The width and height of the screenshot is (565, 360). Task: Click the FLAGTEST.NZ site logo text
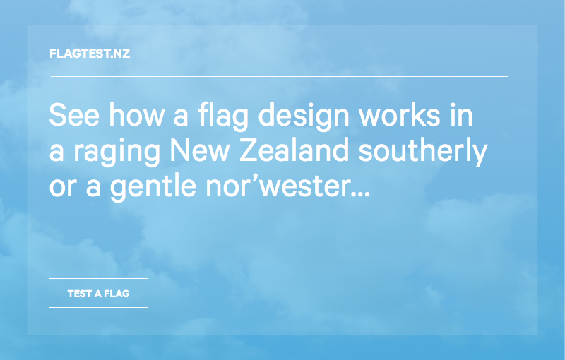pyautogui.click(x=90, y=54)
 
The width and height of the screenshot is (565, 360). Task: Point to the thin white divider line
pyautogui.click(x=278, y=76)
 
